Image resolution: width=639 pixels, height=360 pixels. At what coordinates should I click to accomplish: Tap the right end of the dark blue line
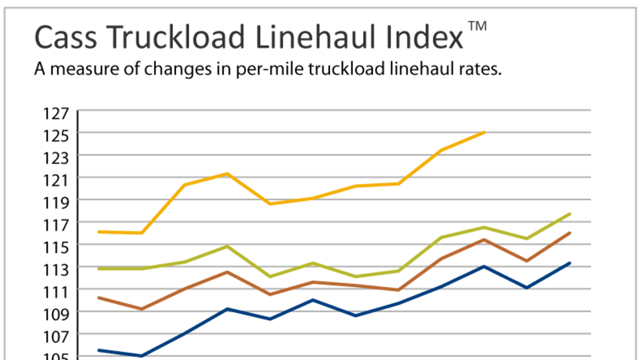coord(571,263)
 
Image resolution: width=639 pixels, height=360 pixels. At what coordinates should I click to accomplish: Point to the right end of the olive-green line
coord(571,213)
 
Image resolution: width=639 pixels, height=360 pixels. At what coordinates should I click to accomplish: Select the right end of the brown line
coord(571,233)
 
